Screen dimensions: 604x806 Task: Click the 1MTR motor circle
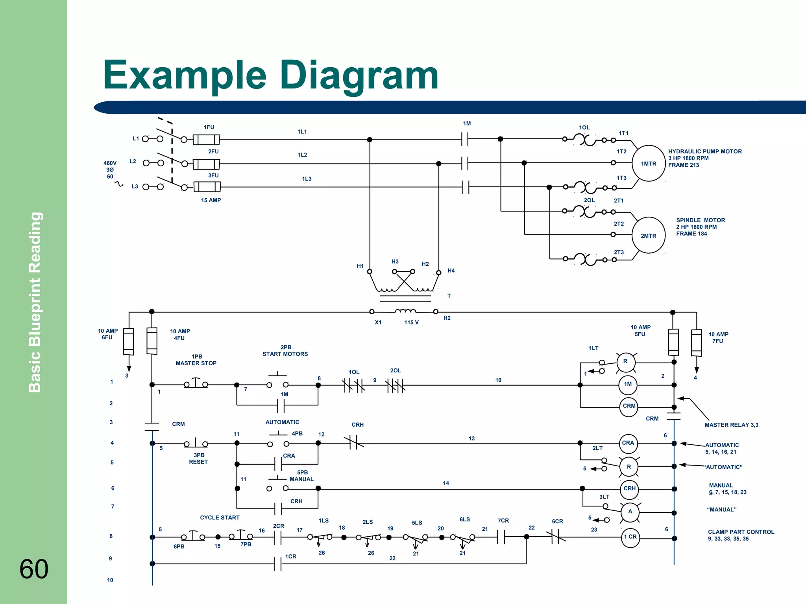(648, 164)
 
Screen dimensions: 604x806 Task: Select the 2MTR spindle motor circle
(648, 236)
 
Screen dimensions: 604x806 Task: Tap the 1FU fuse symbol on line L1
(206, 139)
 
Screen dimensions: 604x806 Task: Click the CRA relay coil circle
(628, 443)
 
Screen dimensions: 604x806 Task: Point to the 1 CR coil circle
(630, 537)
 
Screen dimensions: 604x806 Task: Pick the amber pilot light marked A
(630, 512)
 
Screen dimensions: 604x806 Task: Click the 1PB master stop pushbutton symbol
(196, 384)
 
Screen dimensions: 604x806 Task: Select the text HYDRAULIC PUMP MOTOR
(705, 151)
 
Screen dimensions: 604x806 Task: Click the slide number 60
(34, 569)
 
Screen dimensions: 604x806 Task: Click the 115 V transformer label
(411, 322)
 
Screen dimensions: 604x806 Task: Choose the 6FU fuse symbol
(129, 341)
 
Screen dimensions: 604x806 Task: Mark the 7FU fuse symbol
(696, 343)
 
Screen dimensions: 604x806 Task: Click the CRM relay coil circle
(629, 406)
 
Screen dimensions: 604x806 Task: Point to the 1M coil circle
(628, 384)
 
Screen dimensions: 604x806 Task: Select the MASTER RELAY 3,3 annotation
(731, 425)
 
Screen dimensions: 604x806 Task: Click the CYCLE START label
(220, 517)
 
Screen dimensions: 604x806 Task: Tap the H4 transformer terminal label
(451, 271)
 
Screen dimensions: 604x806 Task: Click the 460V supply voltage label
(110, 163)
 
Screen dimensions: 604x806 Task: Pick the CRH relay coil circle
(629, 488)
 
